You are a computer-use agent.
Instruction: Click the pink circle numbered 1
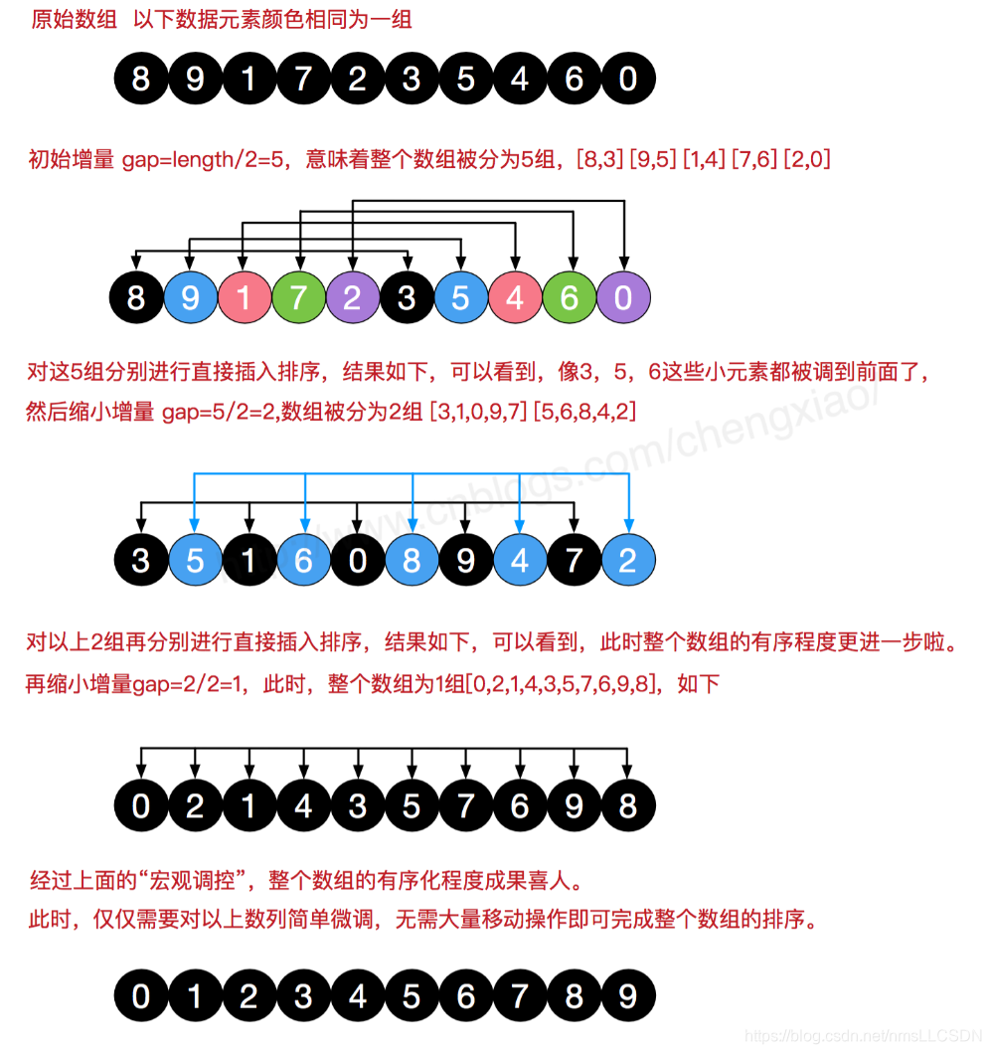coord(245,298)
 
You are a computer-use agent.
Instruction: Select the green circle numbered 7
coord(298,298)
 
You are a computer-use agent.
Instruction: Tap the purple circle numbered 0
coord(623,298)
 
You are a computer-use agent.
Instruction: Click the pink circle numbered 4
coord(515,298)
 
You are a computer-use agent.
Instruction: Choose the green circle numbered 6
coord(570,298)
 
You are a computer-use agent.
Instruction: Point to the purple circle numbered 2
coord(352,298)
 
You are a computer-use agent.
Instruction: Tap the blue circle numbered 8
coord(412,560)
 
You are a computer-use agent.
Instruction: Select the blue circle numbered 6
coord(303,560)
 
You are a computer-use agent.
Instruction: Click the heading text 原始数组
coord(74,20)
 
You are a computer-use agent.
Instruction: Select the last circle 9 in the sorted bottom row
coord(628,995)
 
